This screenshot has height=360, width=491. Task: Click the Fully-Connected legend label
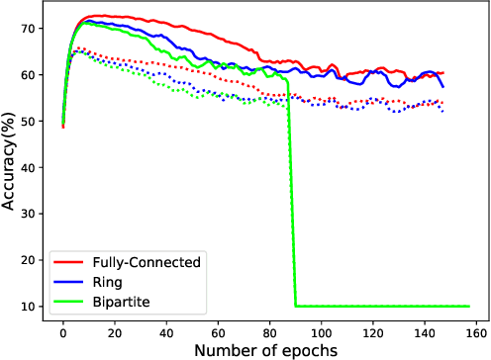[145, 262]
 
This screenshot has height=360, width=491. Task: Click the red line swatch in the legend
[66, 262]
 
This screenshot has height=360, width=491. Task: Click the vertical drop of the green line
[292, 198]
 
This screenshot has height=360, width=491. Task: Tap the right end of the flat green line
[469, 307]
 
